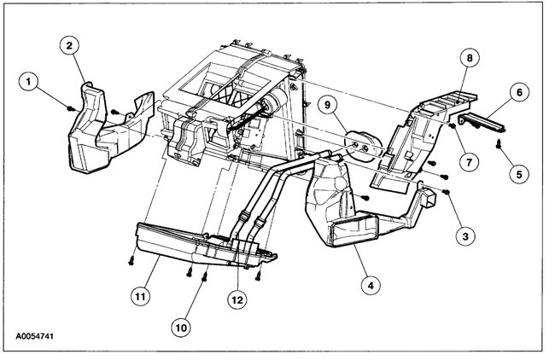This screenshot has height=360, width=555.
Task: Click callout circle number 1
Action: point(31,82)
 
